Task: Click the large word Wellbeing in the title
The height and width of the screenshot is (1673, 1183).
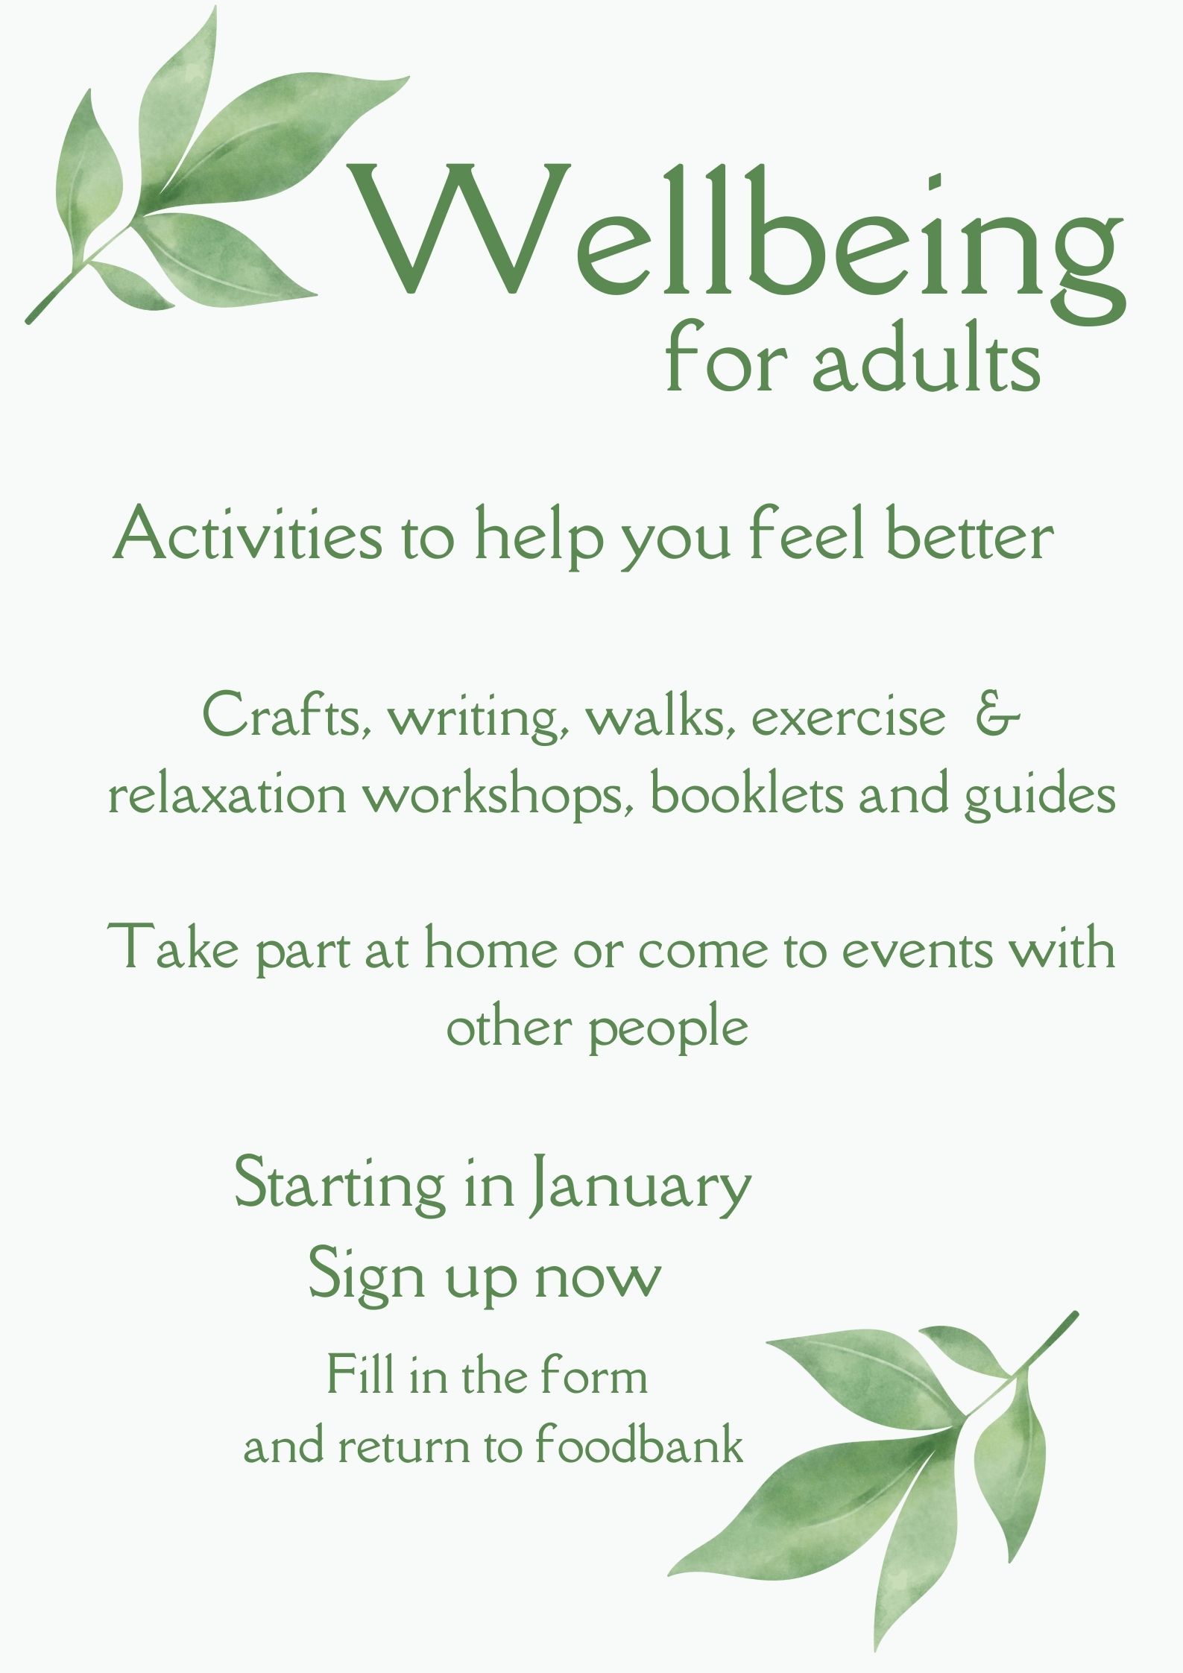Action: click(738, 231)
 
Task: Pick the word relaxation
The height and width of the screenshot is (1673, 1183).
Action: click(227, 796)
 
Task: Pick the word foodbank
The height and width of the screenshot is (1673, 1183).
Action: click(640, 1446)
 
